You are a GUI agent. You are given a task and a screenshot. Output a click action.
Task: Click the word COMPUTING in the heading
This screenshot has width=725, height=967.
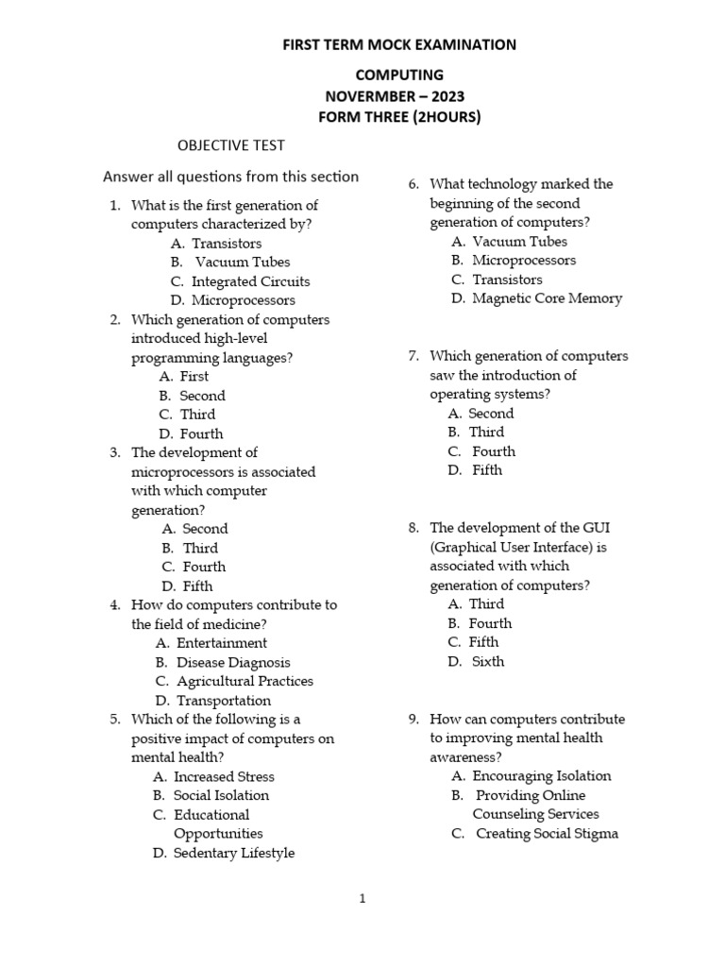click(398, 75)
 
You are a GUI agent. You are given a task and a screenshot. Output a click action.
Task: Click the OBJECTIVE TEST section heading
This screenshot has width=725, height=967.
click(231, 145)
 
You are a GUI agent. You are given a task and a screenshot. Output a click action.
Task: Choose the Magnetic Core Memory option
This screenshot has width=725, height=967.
click(547, 298)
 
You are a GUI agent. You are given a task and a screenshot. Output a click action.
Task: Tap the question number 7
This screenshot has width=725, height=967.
click(413, 356)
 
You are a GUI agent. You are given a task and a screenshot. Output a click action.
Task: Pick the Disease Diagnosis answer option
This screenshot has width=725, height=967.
click(233, 662)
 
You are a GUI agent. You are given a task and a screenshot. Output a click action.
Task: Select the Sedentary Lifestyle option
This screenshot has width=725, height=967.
click(233, 853)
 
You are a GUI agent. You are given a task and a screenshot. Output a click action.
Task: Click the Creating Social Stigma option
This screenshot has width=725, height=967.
click(547, 834)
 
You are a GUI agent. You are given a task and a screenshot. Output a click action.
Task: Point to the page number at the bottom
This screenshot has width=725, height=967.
click(362, 899)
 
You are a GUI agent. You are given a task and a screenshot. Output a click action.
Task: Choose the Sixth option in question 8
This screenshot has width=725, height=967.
click(488, 661)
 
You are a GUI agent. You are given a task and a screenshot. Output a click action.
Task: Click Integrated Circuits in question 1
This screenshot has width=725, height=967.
click(250, 281)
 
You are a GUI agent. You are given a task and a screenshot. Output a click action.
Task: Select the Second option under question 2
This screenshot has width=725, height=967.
click(202, 396)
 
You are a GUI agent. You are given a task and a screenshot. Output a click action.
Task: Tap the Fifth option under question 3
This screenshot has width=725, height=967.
click(197, 585)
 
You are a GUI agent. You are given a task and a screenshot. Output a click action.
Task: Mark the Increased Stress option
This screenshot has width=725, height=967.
click(224, 776)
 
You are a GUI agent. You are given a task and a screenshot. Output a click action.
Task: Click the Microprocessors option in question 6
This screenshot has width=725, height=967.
click(524, 260)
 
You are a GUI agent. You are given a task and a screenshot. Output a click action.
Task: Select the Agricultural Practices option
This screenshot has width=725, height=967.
click(244, 681)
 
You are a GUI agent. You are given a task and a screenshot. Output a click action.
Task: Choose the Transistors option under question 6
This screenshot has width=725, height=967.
click(507, 280)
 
